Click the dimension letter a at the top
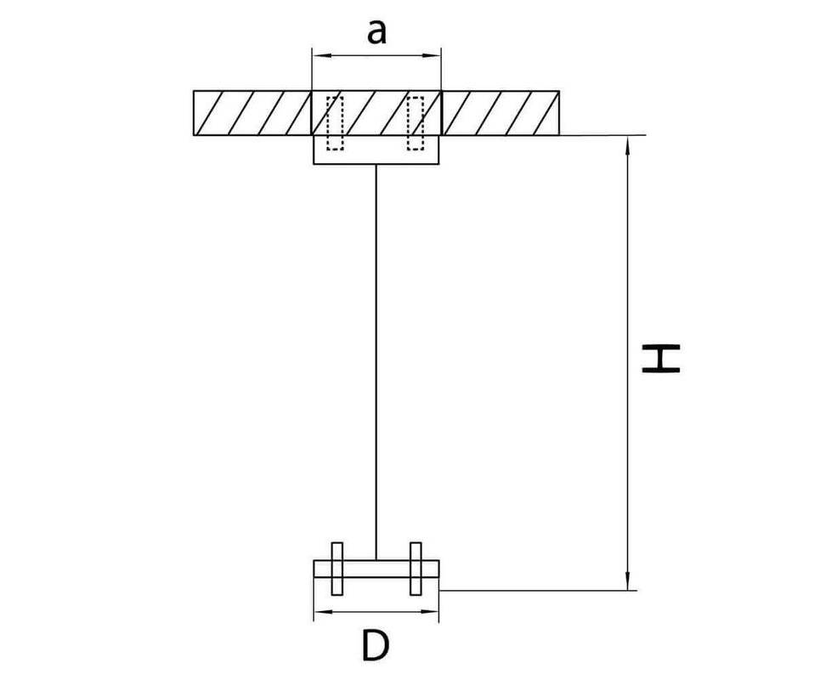point(376,33)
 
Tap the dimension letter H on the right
point(661,359)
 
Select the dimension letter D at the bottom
point(376,645)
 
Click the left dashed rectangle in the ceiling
point(335,123)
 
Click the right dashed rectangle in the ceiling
point(415,123)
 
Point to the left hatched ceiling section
point(252,113)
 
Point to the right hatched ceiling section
point(500,113)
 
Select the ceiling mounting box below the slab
point(376,150)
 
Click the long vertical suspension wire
point(376,363)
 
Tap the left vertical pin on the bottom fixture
point(337,569)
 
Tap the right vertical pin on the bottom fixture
point(416,569)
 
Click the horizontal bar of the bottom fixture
point(376,569)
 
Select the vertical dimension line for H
point(628,363)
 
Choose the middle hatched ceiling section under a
point(376,113)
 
